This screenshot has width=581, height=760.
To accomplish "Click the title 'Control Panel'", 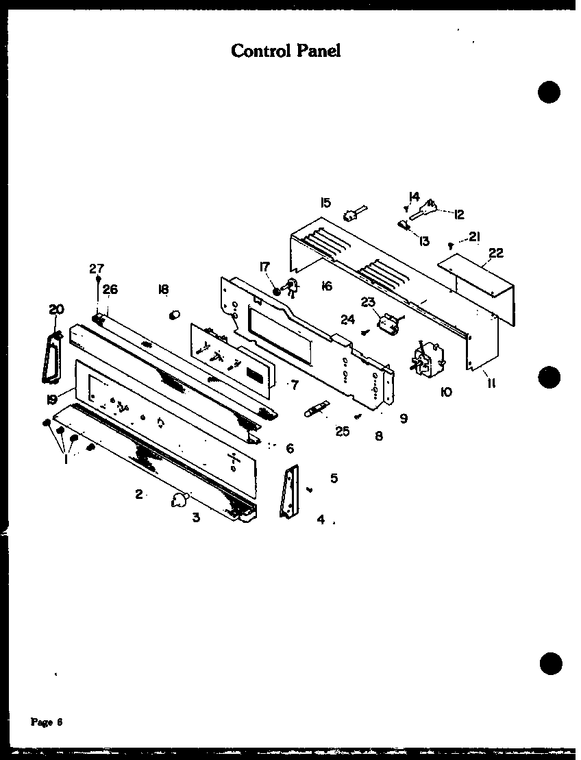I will [x=286, y=50].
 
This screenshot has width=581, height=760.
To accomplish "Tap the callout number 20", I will [x=55, y=310].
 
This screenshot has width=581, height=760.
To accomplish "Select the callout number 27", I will [x=97, y=268].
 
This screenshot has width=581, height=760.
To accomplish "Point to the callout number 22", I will [x=495, y=253].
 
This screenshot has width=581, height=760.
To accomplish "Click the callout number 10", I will [x=446, y=392].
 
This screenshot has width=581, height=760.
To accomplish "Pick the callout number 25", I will [x=343, y=430].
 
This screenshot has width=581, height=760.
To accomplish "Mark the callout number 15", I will [x=325, y=202].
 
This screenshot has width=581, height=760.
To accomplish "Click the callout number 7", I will [x=295, y=385].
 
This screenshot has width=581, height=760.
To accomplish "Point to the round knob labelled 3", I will [x=179, y=501].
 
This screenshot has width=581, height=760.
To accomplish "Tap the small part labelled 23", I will [x=388, y=323].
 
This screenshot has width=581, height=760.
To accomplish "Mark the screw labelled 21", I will [x=450, y=245].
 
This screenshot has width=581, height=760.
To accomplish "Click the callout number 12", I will [x=458, y=214].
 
